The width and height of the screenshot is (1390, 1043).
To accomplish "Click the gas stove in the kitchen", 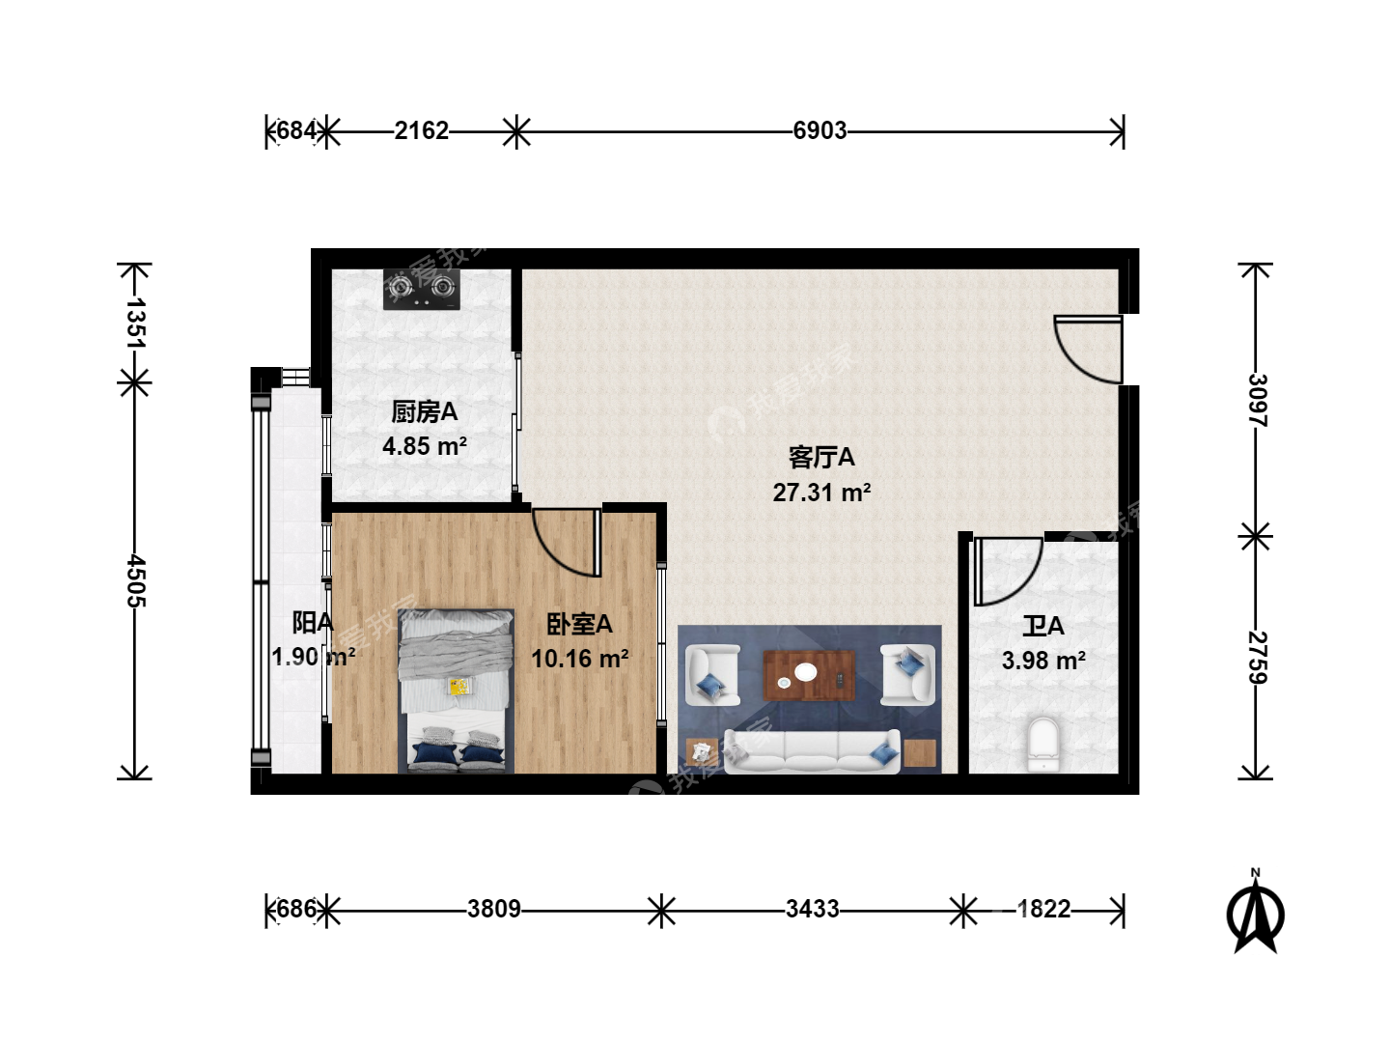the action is [x=422, y=290].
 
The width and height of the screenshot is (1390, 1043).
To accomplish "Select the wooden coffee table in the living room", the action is [x=809, y=675].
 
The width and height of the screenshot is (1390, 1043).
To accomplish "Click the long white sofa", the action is [x=812, y=751].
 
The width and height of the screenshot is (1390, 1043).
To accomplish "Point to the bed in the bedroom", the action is [x=456, y=691].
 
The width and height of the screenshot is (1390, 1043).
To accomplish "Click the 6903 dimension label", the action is [x=820, y=131].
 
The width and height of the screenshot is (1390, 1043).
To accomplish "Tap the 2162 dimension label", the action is [x=422, y=131].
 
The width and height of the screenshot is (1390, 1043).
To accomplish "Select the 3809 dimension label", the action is [x=494, y=910].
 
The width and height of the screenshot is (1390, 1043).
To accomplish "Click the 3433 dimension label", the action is [x=813, y=910].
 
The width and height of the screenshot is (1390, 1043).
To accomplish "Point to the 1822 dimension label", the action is [x=1044, y=910].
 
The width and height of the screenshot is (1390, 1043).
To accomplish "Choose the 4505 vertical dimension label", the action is [x=135, y=580].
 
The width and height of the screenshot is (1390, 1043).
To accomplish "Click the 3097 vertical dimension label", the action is [x=1257, y=400].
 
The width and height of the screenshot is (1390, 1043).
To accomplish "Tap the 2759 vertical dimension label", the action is [x=1257, y=658].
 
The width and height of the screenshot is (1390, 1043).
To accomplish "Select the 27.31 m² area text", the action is [x=821, y=493].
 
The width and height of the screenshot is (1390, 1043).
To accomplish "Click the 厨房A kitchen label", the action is [x=425, y=412].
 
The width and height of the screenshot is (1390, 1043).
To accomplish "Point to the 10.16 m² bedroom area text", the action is [x=579, y=659].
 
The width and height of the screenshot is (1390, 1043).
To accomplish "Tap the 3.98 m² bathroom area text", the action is [x=1043, y=662].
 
